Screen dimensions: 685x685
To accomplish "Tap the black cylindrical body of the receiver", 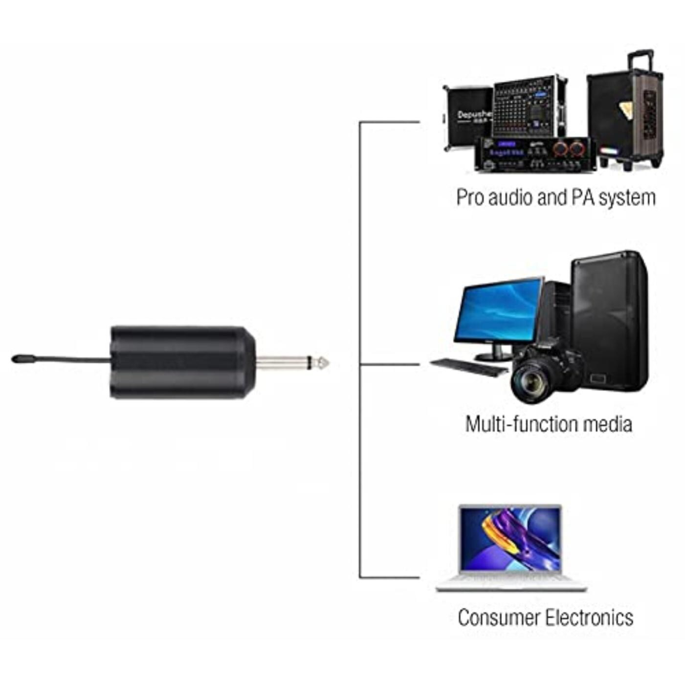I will (x=181, y=362).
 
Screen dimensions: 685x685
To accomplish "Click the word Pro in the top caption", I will (x=470, y=198).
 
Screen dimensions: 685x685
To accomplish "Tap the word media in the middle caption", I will (x=611, y=423).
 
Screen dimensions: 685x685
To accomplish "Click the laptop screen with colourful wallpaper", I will (x=510, y=539).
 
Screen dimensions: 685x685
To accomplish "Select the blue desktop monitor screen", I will (x=498, y=310).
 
